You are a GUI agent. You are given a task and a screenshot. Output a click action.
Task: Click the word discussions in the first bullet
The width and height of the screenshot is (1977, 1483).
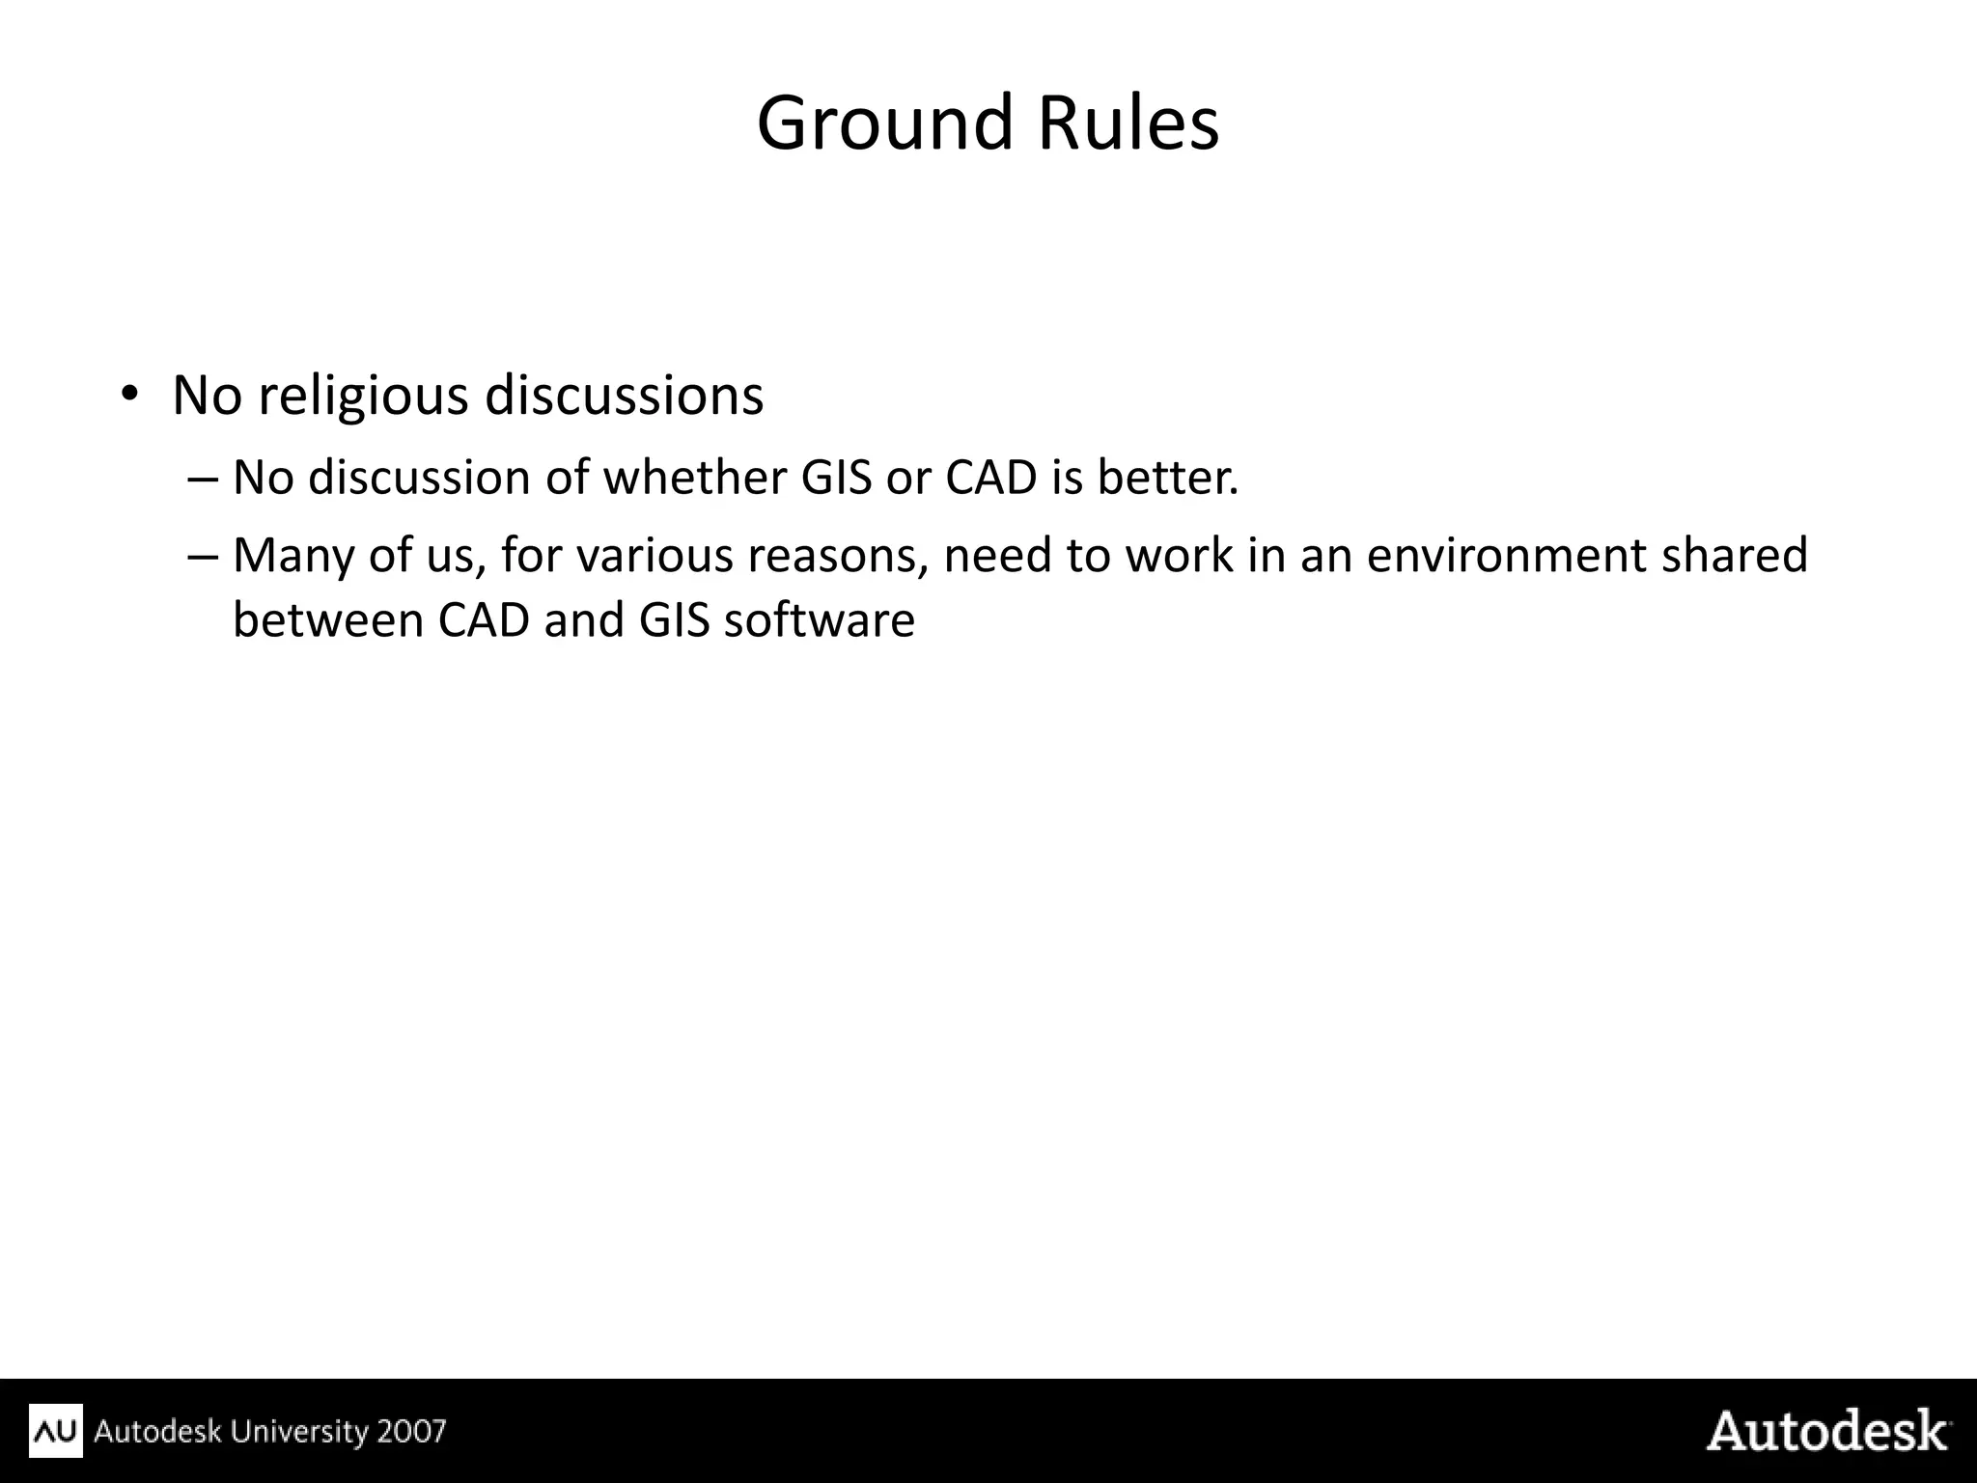[624, 396]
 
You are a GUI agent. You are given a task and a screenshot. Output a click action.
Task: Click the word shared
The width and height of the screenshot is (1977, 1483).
[1734, 556]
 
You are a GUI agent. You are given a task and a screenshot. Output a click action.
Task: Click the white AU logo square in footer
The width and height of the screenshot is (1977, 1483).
[56, 1430]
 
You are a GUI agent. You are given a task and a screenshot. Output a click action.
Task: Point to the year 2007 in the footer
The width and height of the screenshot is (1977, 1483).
[411, 1430]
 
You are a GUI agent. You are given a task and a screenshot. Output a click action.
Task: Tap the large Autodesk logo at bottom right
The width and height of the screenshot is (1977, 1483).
[1826, 1430]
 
